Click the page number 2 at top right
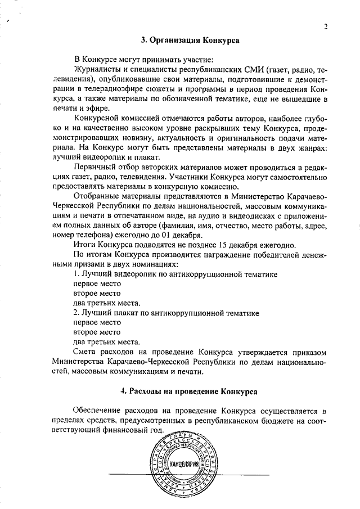click(x=326, y=26)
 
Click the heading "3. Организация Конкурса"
click(x=190, y=40)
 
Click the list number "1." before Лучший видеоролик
click(x=77, y=273)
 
